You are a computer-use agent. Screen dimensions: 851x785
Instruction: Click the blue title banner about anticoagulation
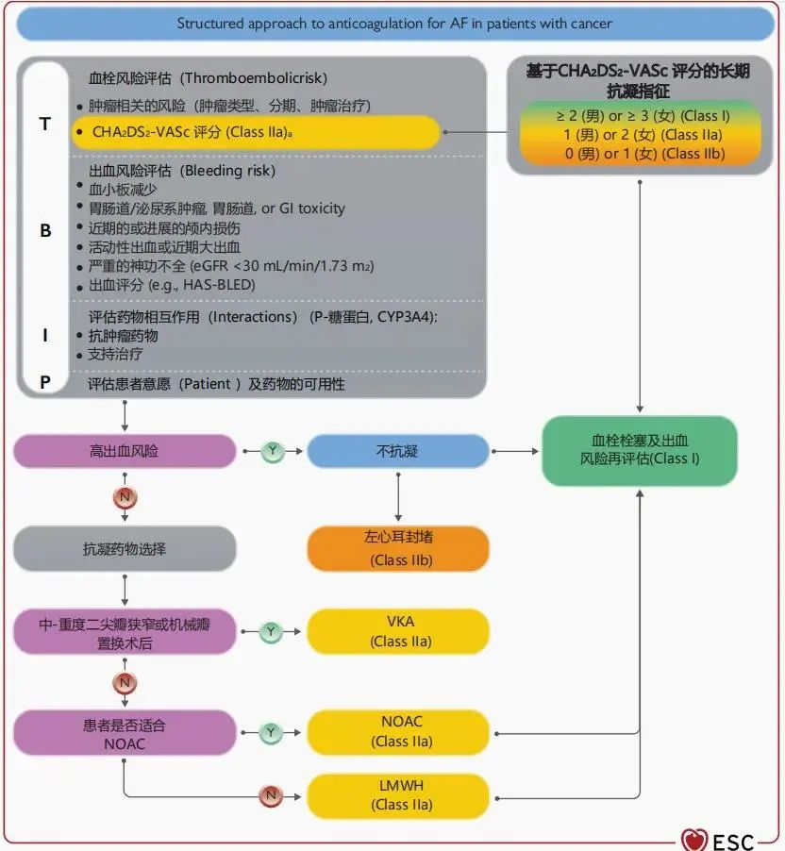[x=394, y=23]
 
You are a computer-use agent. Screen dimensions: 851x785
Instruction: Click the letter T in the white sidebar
[x=45, y=124]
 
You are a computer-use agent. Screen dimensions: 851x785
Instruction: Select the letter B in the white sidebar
[x=45, y=229]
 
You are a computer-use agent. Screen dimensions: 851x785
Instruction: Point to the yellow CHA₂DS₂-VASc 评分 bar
[x=255, y=133]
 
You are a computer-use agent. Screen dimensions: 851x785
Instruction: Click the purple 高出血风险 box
[x=125, y=451]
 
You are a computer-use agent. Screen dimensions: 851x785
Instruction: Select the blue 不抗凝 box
[x=398, y=451]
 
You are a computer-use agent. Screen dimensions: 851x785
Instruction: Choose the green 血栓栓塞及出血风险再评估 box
[x=640, y=450]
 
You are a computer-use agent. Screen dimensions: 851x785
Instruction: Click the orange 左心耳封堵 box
[x=398, y=549]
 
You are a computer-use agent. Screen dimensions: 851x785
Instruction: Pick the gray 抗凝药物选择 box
[x=125, y=548]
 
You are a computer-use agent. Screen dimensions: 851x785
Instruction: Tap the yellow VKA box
[x=398, y=631]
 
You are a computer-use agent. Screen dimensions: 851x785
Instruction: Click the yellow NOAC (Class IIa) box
[x=398, y=731]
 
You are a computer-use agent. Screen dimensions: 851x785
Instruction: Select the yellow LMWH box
[x=398, y=794]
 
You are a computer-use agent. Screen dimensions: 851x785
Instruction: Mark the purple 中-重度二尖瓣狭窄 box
[x=125, y=631]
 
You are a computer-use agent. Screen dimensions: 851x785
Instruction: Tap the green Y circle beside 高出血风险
[x=272, y=451]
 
